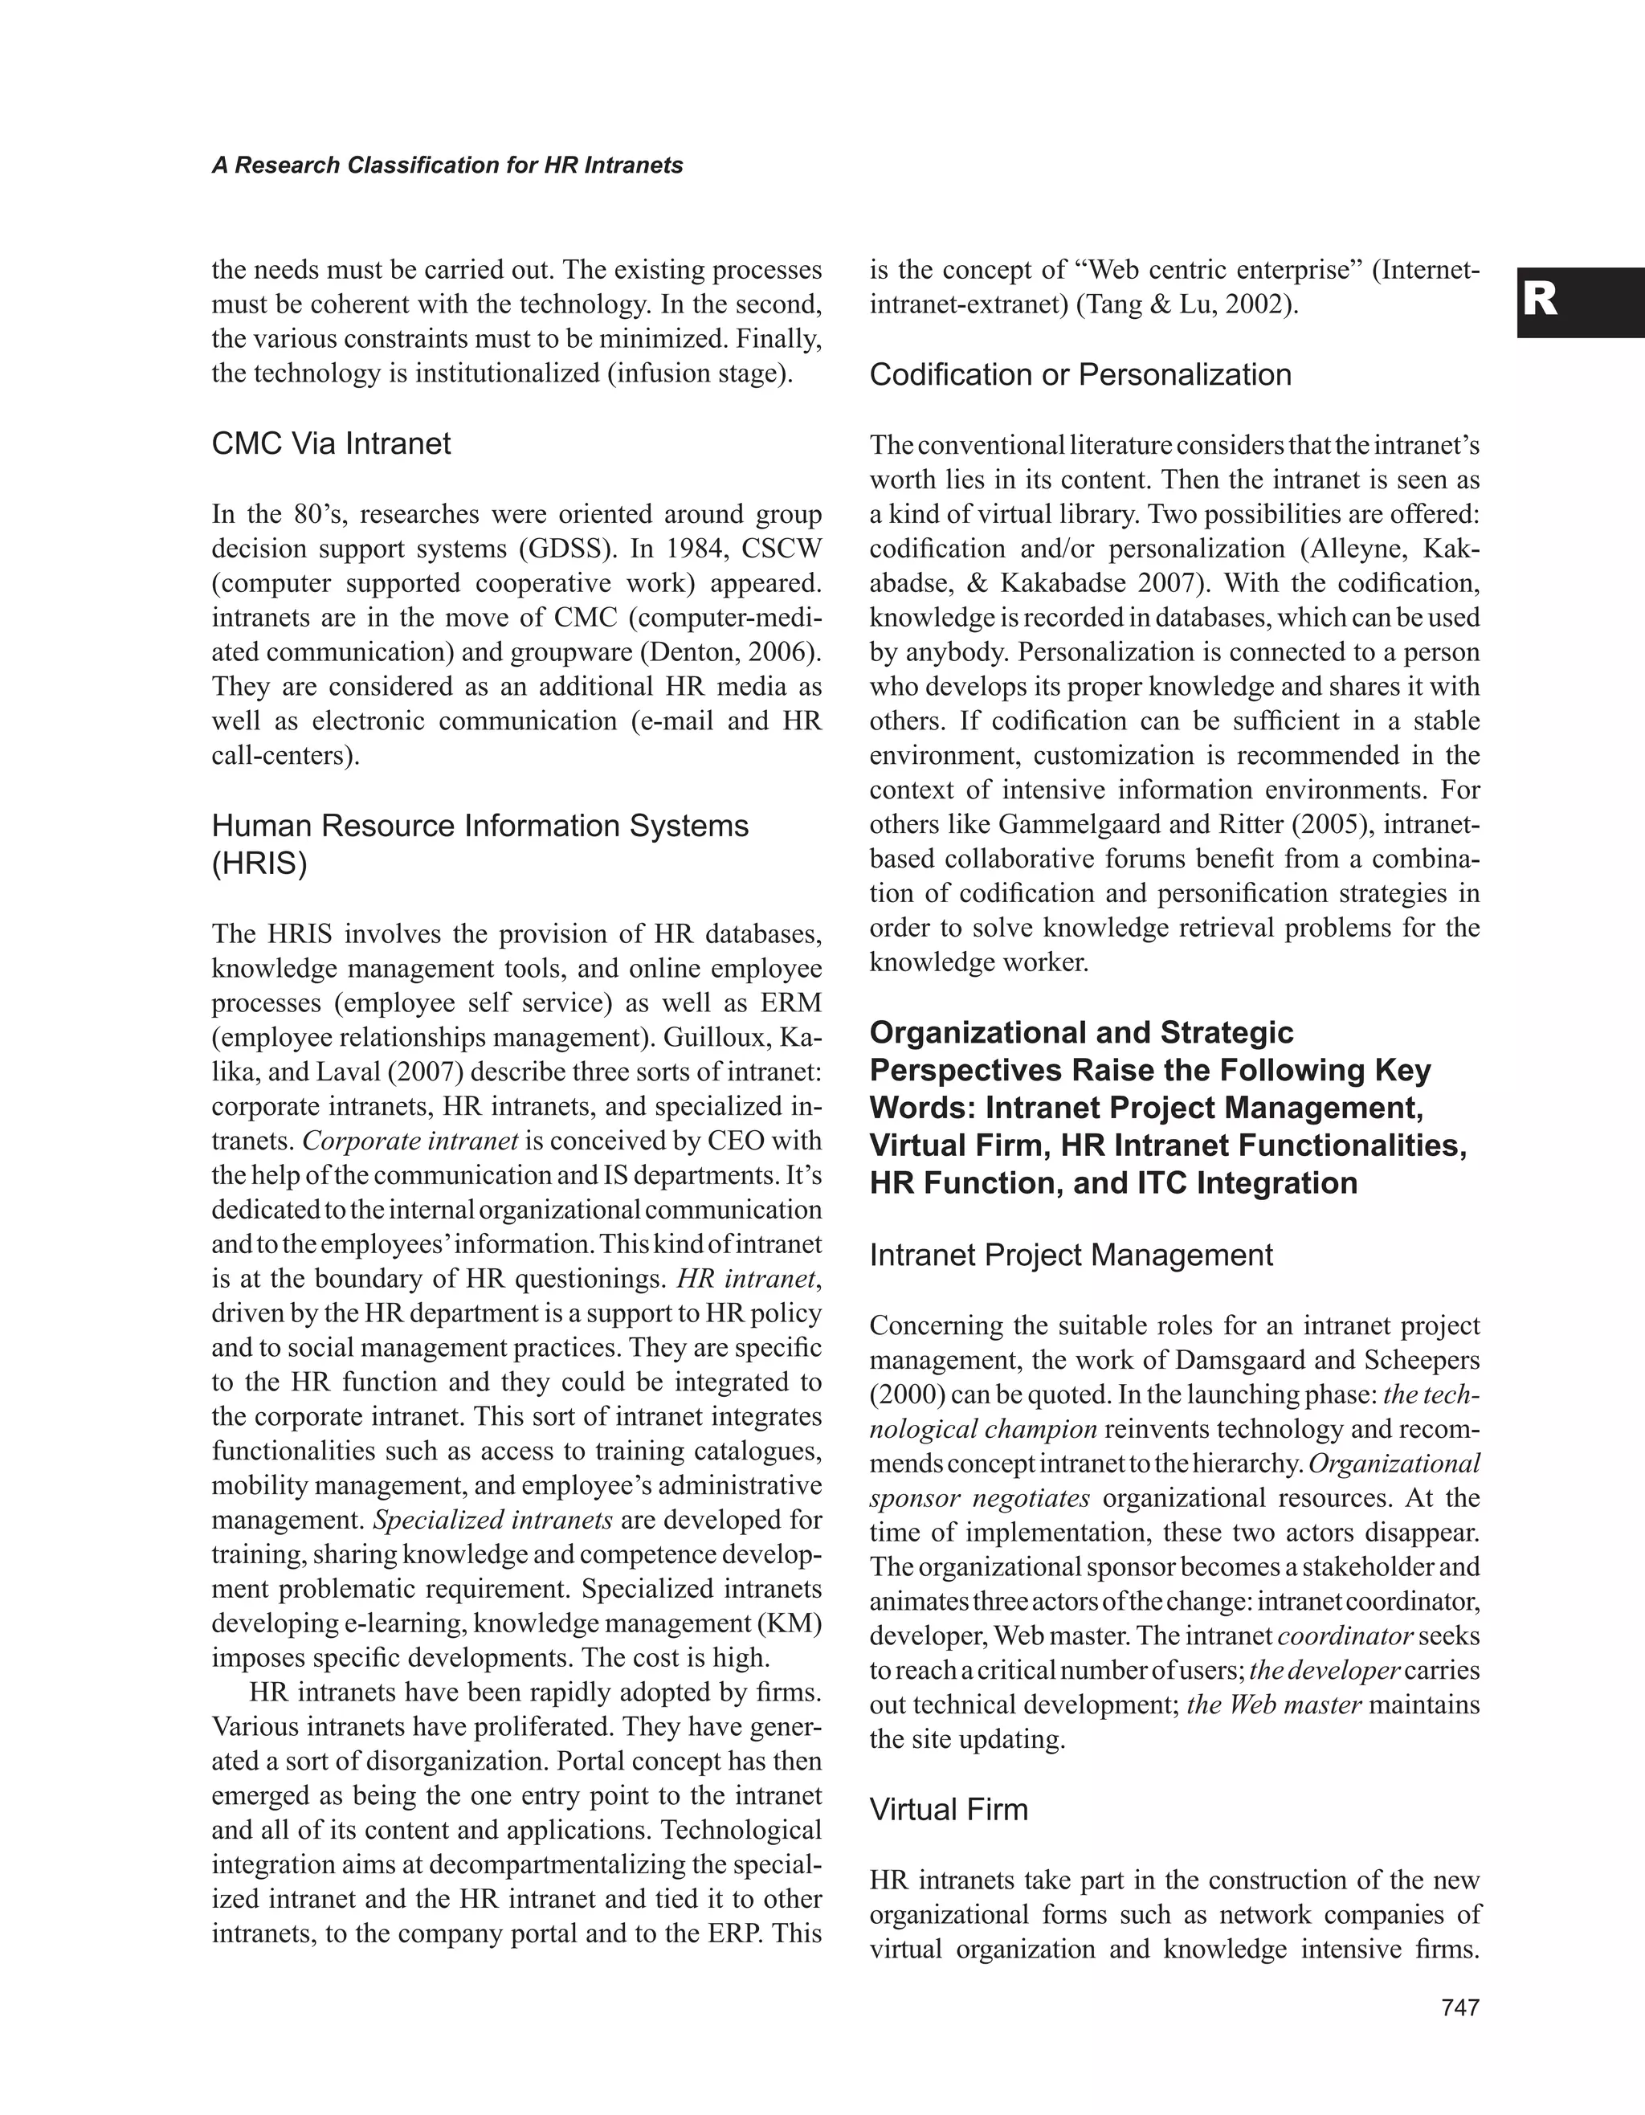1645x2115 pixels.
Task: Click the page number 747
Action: tap(1460, 2007)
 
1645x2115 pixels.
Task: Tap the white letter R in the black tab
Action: tap(1541, 301)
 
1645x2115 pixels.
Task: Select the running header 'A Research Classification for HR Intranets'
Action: tap(447, 165)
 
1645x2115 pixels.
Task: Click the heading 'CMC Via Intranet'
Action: tap(331, 443)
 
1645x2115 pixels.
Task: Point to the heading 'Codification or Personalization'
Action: tap(1080, 375)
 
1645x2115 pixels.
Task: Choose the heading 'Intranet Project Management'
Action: tap(1071, 1255)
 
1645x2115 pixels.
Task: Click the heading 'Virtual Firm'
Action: tap(948, 1809)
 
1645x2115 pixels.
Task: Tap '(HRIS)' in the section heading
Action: tap(259, 864)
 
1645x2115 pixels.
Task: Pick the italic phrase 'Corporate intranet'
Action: tap(411, 1141)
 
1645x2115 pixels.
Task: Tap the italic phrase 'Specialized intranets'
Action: tap(493, 1521)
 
